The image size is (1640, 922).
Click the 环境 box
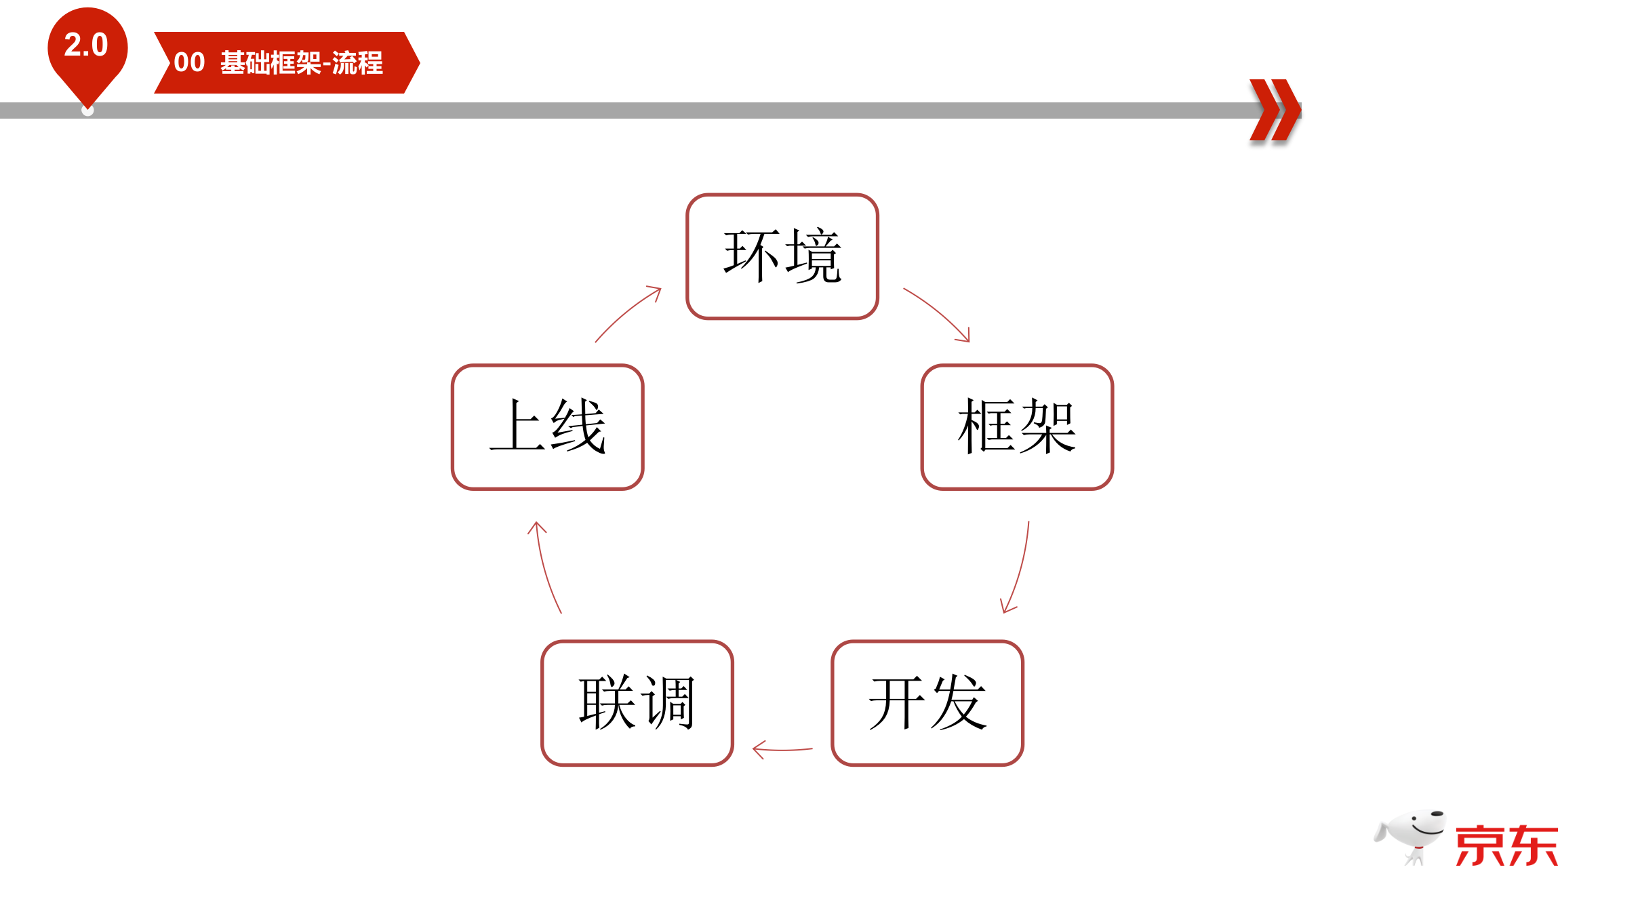[782, 256]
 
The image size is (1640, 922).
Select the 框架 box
[1016, 427]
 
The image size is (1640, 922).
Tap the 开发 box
[927, 703]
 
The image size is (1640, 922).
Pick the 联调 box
[637, 703]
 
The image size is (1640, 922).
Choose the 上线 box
[547, 427]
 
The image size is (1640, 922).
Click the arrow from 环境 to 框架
[939, 313]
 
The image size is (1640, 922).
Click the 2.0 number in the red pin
[86, 45]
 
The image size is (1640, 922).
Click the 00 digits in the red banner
[189, 62]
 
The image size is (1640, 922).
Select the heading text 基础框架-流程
[302, 63]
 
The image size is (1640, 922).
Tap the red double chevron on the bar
[1275, 110]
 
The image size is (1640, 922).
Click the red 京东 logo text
[1506, 845]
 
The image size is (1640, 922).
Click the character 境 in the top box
[813, 256]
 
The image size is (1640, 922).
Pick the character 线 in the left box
[578, 427]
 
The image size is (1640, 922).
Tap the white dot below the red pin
[87, 111]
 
